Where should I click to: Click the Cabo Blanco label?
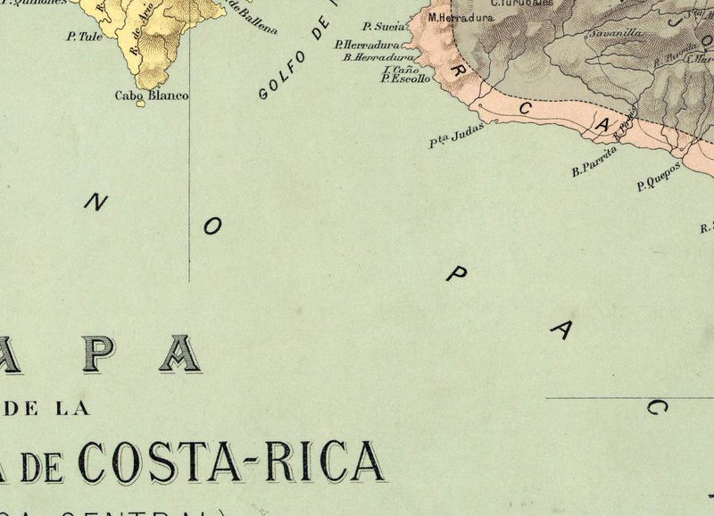point(152,95)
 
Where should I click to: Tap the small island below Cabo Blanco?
point(140,104)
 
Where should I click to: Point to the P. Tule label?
point(84,37)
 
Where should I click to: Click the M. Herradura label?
point(461,17)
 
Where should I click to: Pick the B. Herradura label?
point(378,57)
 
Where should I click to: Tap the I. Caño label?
point(400,69)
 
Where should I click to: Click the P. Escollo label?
point(405,79)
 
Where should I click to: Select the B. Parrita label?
point(594,163)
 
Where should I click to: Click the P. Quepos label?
point(659,177)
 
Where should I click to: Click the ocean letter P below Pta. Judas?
point(455,275)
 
